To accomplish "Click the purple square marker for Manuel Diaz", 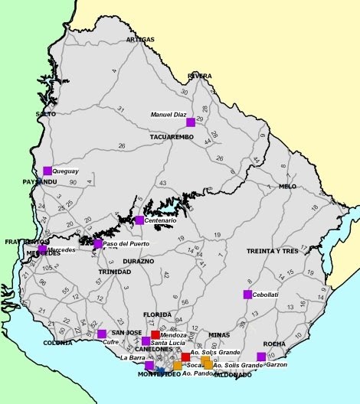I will point(191,122).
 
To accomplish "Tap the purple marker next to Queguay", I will point(47,171).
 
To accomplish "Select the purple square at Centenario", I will point(139,220).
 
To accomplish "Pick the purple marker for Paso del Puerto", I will point(98,244).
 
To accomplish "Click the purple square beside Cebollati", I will point(247,295).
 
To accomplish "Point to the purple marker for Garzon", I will point(261,357).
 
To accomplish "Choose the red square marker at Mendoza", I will point(155,334).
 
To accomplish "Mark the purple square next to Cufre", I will point(102,334).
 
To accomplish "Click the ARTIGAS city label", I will point(140,39).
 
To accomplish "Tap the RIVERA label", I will point(199,76).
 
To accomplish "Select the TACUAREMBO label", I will point(172,136).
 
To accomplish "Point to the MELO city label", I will point(287,186).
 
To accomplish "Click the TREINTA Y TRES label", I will point(272,251).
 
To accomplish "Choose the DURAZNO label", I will point(139,261).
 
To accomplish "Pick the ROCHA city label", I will point(274,344).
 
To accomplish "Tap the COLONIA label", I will point(58,343).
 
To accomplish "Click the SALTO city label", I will point(46,114).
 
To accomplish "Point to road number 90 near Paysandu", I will point(73,182).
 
